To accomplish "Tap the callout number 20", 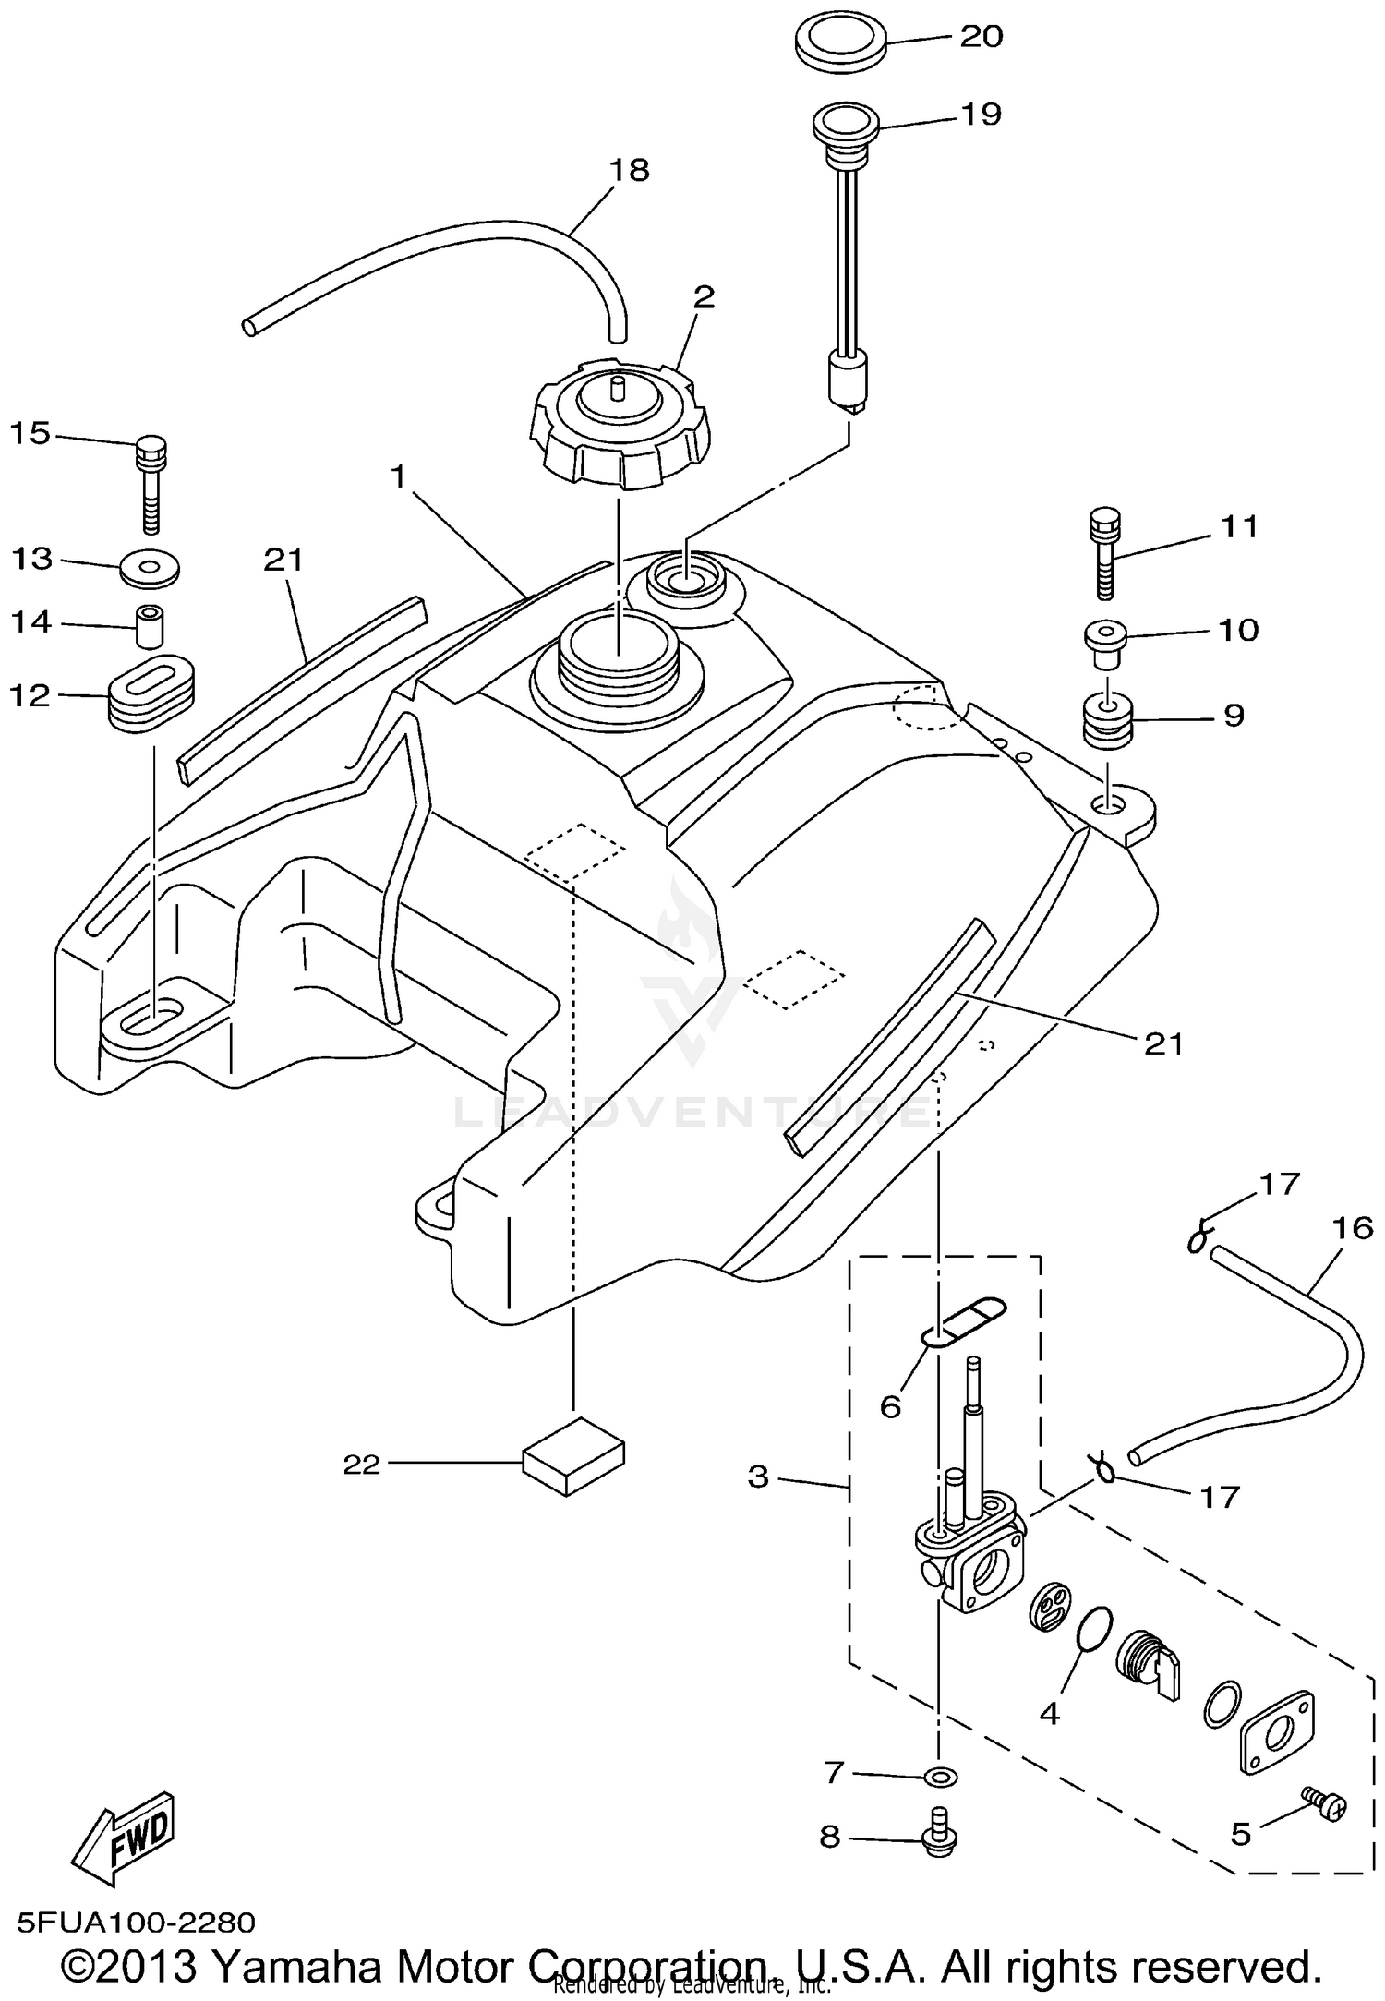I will pyautogui.click(x=981, y=37).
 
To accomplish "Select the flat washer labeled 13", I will pyautogui.click(x=150, y=564).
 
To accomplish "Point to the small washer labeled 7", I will pyautogui.click(x=940, y=1776).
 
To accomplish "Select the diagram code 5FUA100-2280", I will pyautogui.click(x=136, y=1923).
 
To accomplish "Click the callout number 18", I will pyautogui.click(x=629, y=171).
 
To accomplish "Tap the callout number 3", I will pyautogui.click(x=758, y=1477).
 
